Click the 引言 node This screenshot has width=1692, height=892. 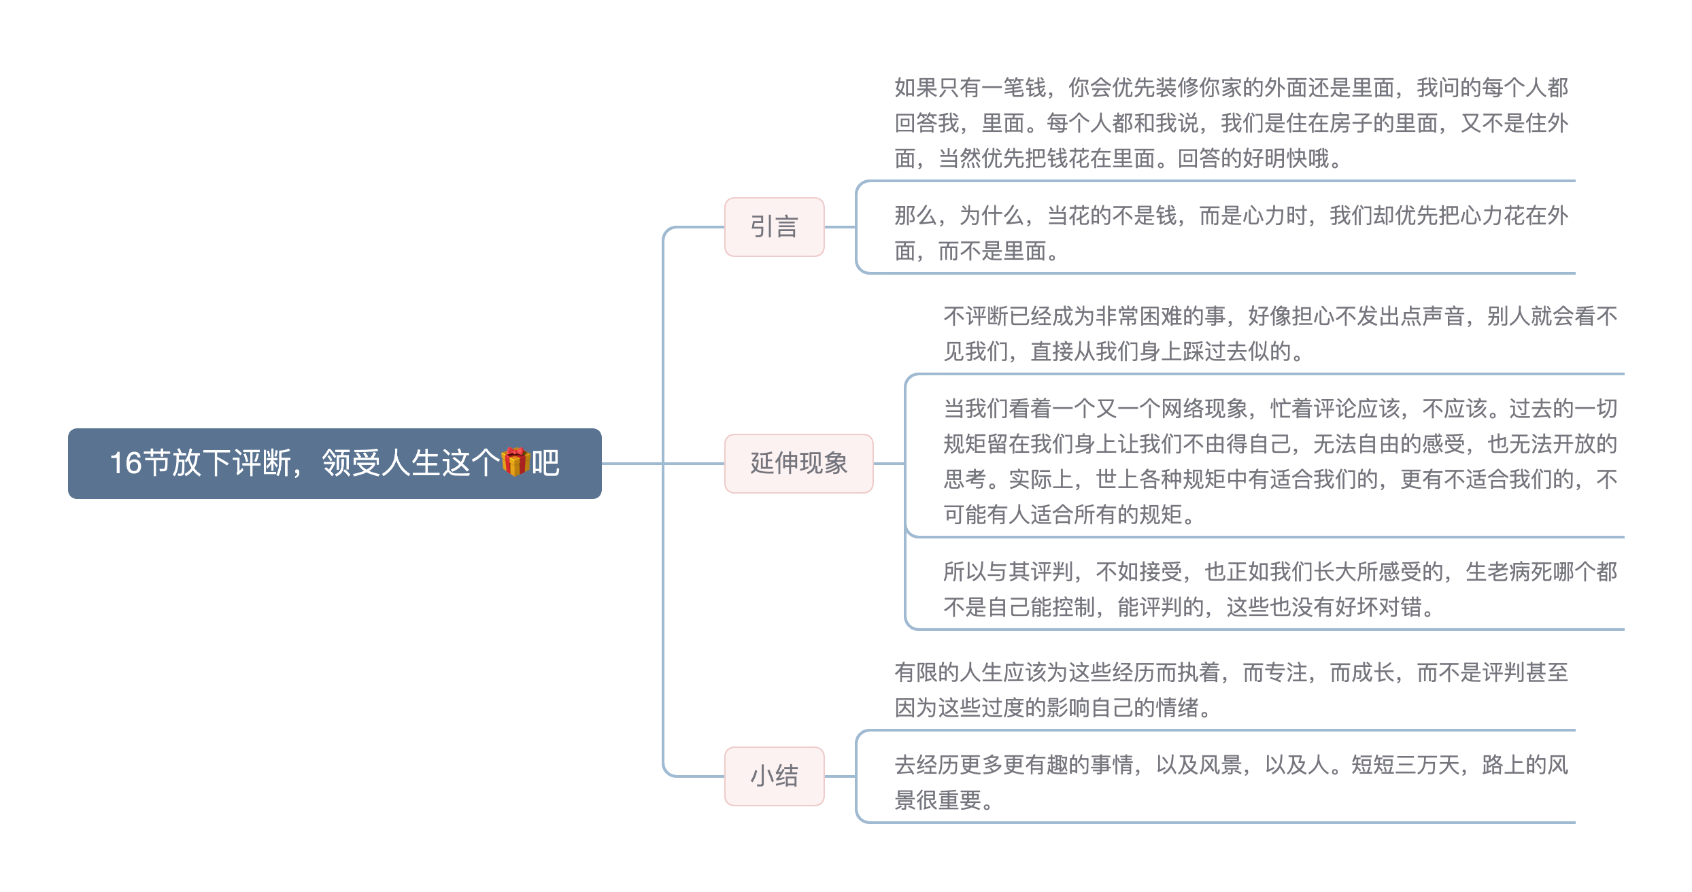pos(774,227)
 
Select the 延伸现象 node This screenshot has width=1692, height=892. pos(798,464)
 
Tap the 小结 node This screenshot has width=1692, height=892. pos(774,776)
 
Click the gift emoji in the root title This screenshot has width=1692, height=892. pos(515,462)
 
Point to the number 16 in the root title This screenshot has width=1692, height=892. pos(126,464)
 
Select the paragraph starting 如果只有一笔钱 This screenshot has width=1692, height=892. pos(1231,123)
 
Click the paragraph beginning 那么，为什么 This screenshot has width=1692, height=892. pos(1231,233)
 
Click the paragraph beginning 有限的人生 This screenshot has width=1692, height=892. pos(1231,690)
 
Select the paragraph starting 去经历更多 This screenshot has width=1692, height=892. pos(1231,783)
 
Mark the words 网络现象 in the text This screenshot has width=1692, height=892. pos(1204,409)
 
